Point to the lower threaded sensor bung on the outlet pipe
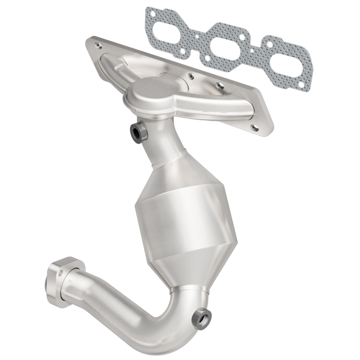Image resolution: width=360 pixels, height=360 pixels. pyautogui.click(x=201, y=318)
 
